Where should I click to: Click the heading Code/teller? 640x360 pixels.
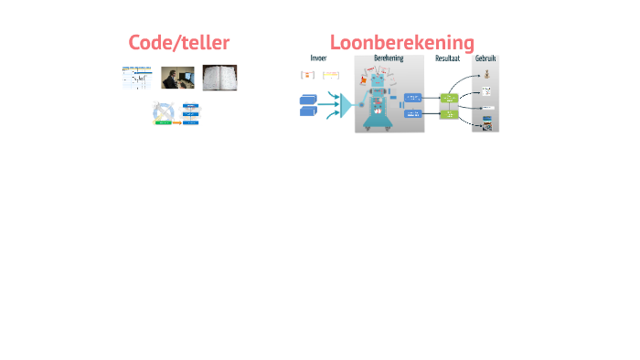pyautogui.click(x=178, y=42)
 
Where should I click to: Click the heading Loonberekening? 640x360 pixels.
pyautogui.click(x=402, y=42)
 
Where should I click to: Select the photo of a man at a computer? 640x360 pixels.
pyautogui.click(x=177, y=78)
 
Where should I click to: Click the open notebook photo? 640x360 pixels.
pyautogui.click(x=219, y=77)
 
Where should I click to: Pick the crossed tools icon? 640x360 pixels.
pyautogui.click(x=165, y=113)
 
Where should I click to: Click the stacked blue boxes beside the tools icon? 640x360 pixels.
pyautogui.click(x=191, y=114)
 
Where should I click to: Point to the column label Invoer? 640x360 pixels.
pyautogui.click(x=318, y=58)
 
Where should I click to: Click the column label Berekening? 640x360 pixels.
pyautogui.click(x=389, y=58)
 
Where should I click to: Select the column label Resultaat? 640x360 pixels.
pyautogui.click(x=448, y=58)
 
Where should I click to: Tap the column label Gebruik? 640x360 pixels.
pyautogui.click(x=485, y=58)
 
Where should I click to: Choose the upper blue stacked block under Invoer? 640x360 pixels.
pyautogui.click(x=308, y=98)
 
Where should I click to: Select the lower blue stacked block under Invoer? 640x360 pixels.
pyautogui.click(x=308, y=111)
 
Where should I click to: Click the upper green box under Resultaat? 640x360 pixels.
pyautogui.click(x=448, y=98)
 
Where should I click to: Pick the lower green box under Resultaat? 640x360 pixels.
pyautogui.click(x=448, y=114)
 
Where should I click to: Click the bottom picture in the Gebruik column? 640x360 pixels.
pyautogui.click(x=487, y=125)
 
